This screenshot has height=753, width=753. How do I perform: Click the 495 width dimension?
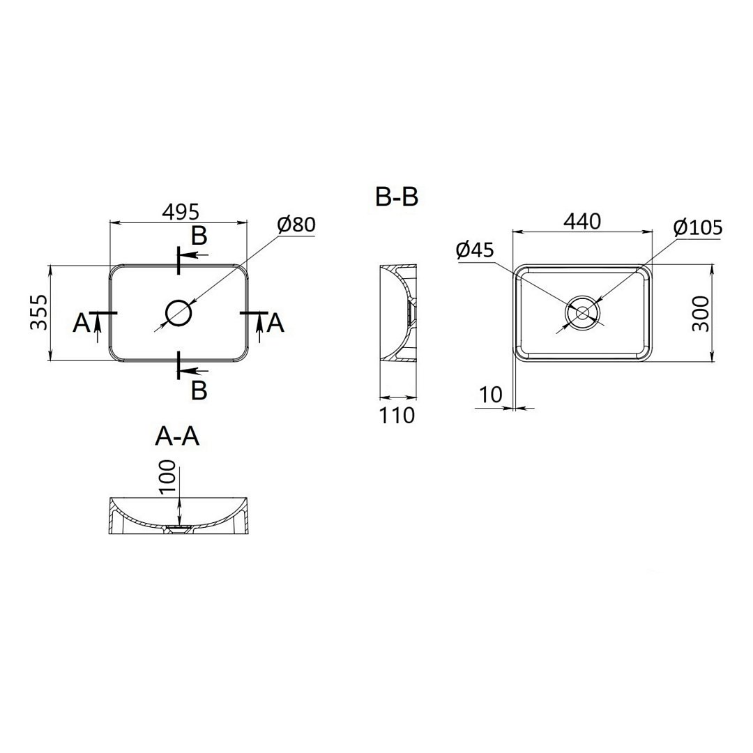point(180,212)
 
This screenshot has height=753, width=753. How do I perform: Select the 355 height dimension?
point(39,312)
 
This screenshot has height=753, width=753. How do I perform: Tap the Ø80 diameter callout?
point(296,225)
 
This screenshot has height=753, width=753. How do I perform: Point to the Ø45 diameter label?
point(476,250)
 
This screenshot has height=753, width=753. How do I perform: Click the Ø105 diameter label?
point(698,227)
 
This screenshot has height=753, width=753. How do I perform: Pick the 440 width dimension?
point(582,222)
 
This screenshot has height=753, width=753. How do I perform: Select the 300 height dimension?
point(701,314)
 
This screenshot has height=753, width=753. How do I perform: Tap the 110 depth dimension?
point(397,416)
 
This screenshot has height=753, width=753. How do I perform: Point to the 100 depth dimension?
point(167,477)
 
